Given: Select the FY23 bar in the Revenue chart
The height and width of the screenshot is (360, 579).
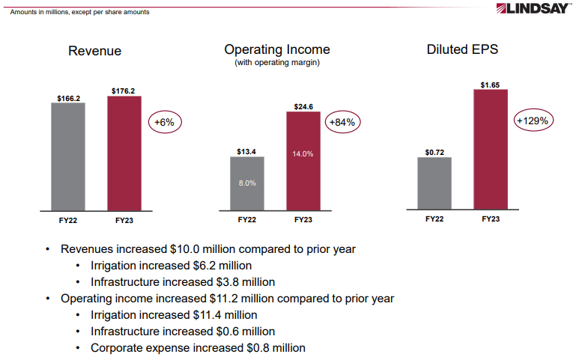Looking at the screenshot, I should [x=124, y=153].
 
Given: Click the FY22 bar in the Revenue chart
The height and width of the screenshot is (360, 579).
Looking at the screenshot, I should [x=68, y=157].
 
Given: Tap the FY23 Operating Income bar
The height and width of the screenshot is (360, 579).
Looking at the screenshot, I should [x=303, y=161].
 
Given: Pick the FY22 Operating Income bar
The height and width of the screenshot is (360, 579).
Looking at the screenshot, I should [x=247, y=184].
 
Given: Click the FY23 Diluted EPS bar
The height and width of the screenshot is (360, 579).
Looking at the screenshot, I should [x=491, y=149].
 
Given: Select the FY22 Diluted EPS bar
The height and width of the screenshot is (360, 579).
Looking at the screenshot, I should [x=434, y=183].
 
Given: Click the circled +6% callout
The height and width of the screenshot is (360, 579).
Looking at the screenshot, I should [x=164, y=121].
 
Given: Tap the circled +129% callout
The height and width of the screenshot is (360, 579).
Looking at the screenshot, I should [x=533, y=120].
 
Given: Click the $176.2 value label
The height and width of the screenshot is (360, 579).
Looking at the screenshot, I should [x=124, y=91].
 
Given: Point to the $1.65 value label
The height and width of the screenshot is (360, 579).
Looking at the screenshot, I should [x=491, y=85].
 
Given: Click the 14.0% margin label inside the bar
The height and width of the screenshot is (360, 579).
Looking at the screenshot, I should [x=303, y=153].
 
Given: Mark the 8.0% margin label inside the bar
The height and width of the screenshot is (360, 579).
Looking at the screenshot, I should [x=247, y=183].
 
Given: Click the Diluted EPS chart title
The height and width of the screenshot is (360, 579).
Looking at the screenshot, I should [x=462, y=49].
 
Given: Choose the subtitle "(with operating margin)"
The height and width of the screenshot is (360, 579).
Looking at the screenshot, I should [x=277, y=63].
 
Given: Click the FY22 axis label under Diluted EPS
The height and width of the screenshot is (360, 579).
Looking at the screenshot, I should [x=434, y=219].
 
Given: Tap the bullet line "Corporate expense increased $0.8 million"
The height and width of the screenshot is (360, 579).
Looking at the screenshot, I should [x=198, y=347].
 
